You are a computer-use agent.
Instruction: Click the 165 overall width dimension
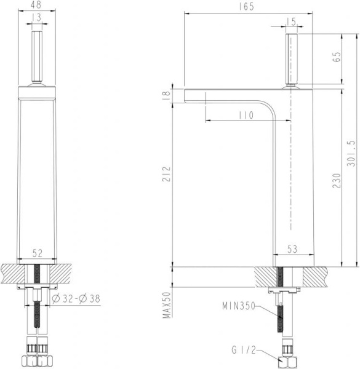point(249,6)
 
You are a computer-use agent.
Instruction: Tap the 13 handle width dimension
point(38,18)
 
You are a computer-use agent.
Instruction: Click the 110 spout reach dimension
point(245,115)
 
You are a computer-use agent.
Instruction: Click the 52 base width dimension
point(38,252)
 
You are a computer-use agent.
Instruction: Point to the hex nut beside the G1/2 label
point(286,360)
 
